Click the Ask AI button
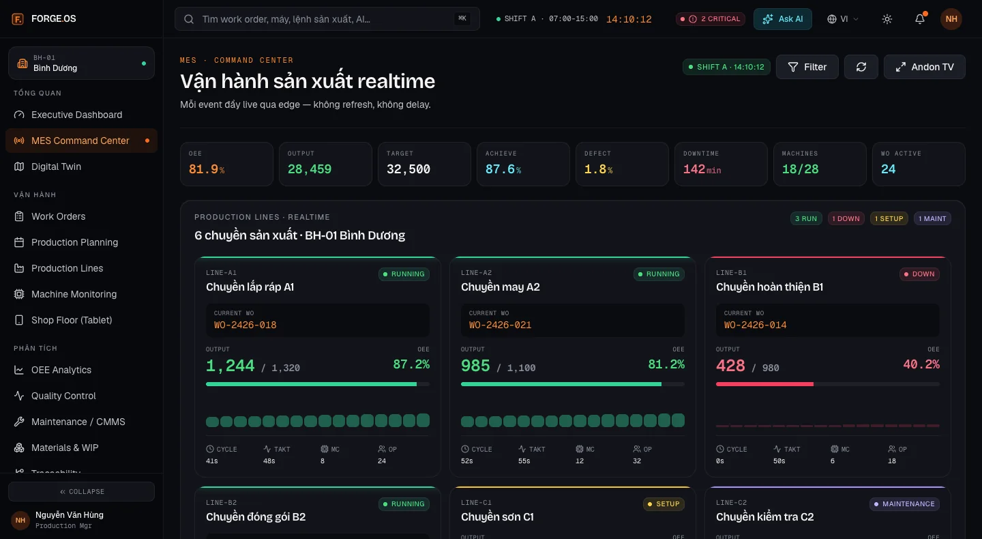pos(783,19)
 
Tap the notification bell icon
pos(920,19)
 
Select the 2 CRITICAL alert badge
pos(710,19)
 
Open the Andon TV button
pos(924,67)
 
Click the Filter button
pos(807,67)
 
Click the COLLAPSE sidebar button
pos(82,492)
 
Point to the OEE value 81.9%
pos(207,169)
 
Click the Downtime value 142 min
pos(702,169)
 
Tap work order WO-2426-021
pos(500,325)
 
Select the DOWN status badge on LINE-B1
pos(919,274)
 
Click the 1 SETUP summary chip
pos(889,218)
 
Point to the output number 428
pos(730,365)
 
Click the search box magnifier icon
pos(189,19)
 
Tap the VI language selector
pos(843,19)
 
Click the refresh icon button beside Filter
pos(861,67)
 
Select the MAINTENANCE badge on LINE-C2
pos(904,504)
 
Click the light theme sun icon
pos(887,19)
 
